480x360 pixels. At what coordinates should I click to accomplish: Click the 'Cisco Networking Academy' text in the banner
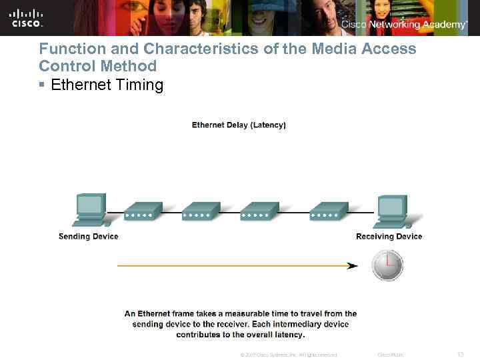[x=404, y=25]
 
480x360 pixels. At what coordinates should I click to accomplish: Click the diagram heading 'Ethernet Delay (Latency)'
[x=239, y=125]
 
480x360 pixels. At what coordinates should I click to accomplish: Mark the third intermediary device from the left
[x=258, y=212]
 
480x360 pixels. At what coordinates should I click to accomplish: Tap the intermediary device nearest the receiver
[x=328, y=212]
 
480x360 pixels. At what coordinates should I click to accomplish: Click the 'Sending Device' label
[x=88, y=236]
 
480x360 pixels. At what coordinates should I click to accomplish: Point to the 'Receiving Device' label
[x=389, y=236]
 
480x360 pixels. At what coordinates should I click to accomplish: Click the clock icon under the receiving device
[x=387, y=265]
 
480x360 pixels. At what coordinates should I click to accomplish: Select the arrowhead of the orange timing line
[x=352, y=265]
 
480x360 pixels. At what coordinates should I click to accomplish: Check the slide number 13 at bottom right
[x=461, y=354]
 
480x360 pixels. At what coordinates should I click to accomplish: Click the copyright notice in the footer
[x=288, y=355]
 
